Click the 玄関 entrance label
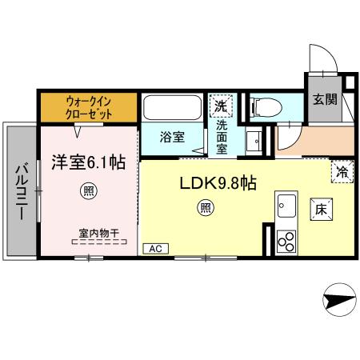click(324, 100)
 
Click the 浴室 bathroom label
click(171, 136)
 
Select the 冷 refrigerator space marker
click(341, 171)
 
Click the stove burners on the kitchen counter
click(285, 239)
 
